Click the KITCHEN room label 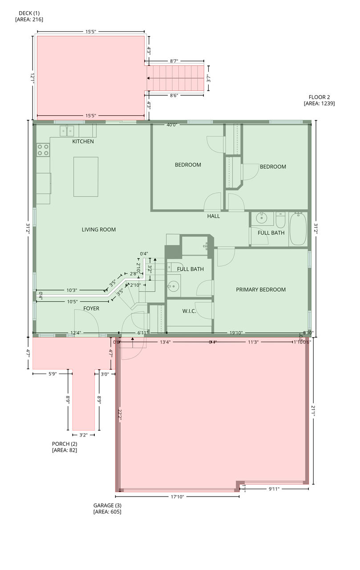[x=83, y=142]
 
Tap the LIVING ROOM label [x=98, y=230]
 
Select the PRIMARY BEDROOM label [x=260, y=289]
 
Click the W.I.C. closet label [x=189, y=311]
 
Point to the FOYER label [x=91, y=308]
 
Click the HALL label [x=213, y=216]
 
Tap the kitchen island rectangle [x=86, y=176]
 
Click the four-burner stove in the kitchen [x=43, y=149]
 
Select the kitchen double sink [x=67, y=130]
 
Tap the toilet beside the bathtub [x=280, y=220]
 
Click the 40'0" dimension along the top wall [x=172, y=125]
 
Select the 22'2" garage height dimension [x=120, y=414]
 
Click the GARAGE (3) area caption [x=107, y=509]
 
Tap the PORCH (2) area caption [x=65, y=447]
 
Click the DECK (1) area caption [x=29, y=16]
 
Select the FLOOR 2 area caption [x=319, y=100]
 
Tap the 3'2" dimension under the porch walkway [x=85, y=435]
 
